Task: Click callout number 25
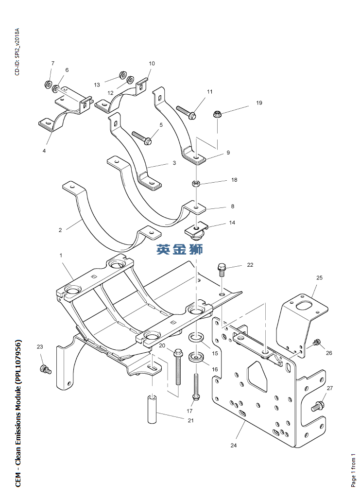tap(319, 278)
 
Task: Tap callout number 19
tap(259, 103)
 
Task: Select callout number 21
tap(190, 420)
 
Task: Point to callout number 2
tap(60, 230)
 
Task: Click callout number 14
tap(232, 223)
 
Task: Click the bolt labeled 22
tap(222, 269)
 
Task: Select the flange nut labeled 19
tap(217, 115)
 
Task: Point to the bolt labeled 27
tap(319, 405)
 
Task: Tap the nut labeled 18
tap(196, 184)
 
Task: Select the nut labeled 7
tap(49, 84)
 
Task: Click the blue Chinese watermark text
tap(180, 250)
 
